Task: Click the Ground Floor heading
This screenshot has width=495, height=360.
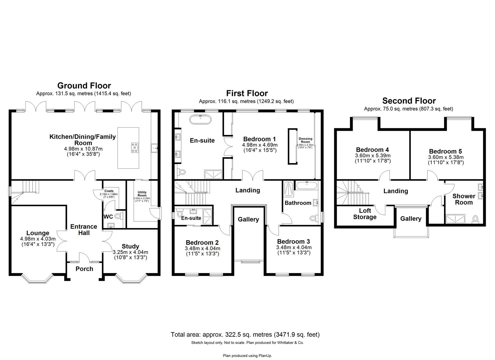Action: pos(84,86)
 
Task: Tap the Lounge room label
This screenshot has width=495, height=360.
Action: pos(38,233)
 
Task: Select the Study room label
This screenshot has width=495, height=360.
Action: pos(130,247)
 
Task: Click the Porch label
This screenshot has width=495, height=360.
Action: pos(84,269)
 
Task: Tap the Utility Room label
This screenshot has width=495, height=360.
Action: pos(142,194)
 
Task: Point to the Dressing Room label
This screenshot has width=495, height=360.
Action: pos(305,140)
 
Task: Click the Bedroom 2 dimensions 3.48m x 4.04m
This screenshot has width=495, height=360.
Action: pos(202,248)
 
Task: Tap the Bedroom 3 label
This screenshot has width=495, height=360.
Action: pos(293,241)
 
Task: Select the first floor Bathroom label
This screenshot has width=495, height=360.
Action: pos(298,203)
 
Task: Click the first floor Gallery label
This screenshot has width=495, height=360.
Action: pos(248,219)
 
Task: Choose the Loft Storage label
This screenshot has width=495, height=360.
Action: pos(365,214)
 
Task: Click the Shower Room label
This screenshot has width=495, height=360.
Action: pos(464,199)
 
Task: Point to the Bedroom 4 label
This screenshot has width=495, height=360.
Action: pos(372,150)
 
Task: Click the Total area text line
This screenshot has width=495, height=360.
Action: pos(245,334)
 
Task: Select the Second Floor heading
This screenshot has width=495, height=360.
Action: pos(409,101)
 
